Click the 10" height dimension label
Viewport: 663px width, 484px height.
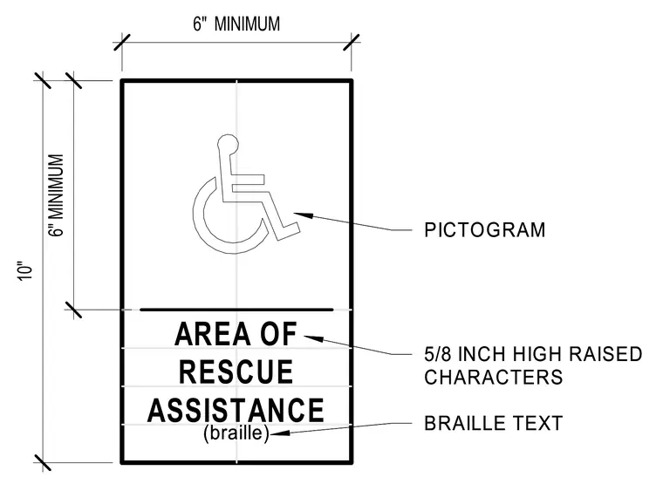tap(25, 272)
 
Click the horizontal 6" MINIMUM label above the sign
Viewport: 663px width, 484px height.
tap(236, 24)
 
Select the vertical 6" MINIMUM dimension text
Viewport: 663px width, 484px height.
tap(56, 195)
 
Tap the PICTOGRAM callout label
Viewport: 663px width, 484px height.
tap(484, 230)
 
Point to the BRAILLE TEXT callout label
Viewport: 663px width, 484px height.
tap(494, 423)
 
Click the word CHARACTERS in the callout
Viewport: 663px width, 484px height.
tap(494, 377)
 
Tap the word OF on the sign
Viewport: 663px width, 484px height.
tap(278, 334)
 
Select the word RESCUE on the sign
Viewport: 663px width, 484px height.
tap(236, 372)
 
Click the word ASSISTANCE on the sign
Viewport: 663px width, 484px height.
tap(236, 410)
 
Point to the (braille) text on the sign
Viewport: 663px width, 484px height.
tap(236, 433)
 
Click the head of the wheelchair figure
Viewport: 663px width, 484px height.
tap(228, 144)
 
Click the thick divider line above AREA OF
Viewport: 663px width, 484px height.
tap(236, 310)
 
